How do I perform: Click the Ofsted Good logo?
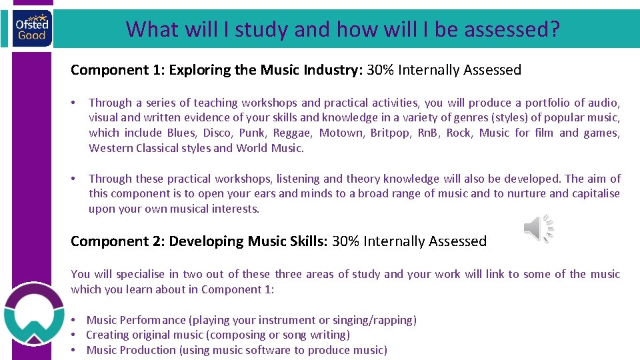tap(31, 29)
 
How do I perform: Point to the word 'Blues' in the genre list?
tap(181, 133)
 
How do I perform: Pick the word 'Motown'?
tap(341, 133)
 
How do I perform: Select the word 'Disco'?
tap(218, 133)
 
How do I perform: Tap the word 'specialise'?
tap(144, 274)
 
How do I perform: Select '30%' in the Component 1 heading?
tap(379, 70)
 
